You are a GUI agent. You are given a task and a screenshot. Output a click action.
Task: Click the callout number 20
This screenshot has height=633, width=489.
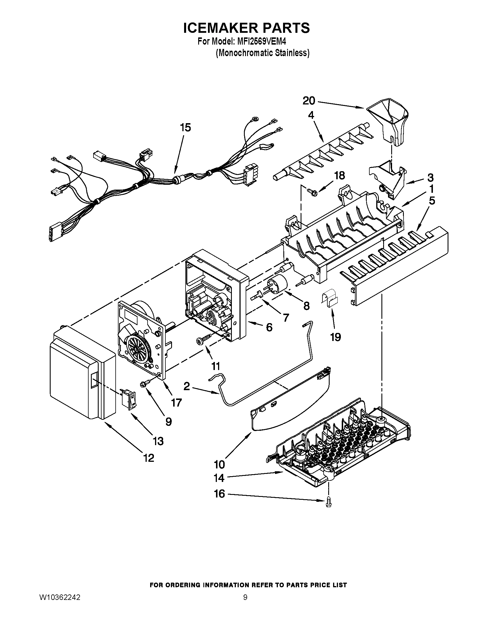(x=309, y=101)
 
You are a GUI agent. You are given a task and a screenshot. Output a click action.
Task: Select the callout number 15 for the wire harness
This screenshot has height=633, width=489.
(x=186, y=127)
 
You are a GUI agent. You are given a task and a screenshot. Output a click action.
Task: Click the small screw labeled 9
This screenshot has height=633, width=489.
(x=144, y=384)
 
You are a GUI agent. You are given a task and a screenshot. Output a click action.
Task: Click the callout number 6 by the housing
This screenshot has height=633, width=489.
(x=269, y=327)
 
